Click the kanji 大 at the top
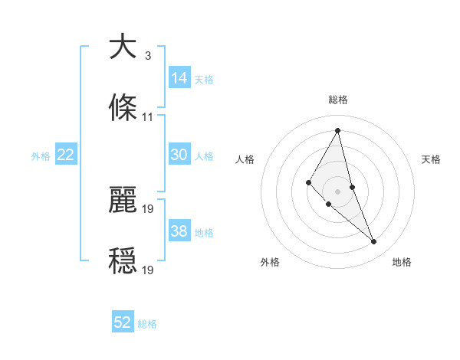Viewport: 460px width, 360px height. (x=123, y=47)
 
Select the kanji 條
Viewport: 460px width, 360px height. (x=123, y=109)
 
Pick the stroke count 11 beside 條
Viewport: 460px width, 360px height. (x=147, y=117)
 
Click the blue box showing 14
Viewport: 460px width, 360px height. (x=179, y=78)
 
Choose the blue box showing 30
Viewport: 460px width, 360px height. (x=179, y=155)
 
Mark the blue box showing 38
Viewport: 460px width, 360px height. (x=179, y=231)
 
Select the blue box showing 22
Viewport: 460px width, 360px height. (x=65, y=155)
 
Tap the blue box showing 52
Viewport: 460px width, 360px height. (x=123, y=322)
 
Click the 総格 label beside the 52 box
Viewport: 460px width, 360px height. (x=147, y=324)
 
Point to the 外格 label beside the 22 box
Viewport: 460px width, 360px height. (x=41, y=156)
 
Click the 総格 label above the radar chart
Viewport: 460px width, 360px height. (x=338, y=100)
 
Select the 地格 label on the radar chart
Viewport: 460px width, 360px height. (x=402, y=262)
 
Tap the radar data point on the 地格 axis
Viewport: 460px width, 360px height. (x=374, y=241)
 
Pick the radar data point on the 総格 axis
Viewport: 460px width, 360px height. (x=338, y=130)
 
